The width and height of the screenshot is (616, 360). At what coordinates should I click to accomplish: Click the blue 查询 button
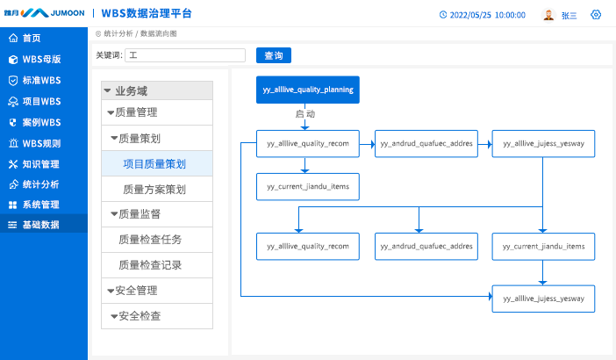tap(274, 55)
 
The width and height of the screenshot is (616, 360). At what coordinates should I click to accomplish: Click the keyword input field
tap(185, 55)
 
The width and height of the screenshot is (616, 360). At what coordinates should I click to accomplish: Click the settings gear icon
tap(596, 15)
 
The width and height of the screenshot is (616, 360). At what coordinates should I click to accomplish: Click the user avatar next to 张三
tap(548, 15)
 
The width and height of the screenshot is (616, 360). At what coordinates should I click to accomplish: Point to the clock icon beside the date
tap(443, 15)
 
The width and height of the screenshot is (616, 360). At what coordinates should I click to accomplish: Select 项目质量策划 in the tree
tap(154, 164)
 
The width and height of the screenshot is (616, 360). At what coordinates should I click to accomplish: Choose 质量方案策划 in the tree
tap(154, 190)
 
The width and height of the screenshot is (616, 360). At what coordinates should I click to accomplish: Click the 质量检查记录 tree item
tap(150, 265)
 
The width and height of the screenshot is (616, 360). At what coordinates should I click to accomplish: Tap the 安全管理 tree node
tap(136, 291)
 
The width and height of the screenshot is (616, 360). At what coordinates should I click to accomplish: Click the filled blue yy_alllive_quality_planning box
tap(308, 90)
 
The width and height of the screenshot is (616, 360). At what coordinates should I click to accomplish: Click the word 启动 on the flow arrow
tap(305, 114)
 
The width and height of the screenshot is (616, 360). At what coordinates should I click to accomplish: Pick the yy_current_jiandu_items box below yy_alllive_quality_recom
tap(308, 187)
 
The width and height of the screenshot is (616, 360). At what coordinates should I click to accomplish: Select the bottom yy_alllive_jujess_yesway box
tap(543, 299)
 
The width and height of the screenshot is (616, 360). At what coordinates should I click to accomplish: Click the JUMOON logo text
tap(68, 13)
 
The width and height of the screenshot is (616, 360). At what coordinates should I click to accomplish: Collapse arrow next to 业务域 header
tap(107, 90)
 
